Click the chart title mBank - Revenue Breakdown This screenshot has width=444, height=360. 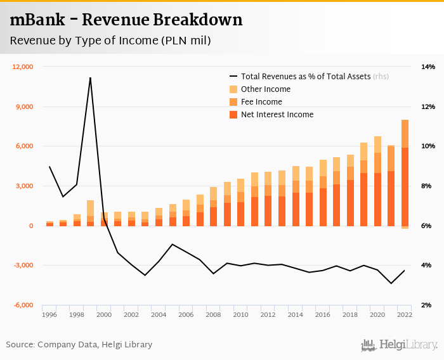(126, 20)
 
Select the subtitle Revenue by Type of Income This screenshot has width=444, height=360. (110, 41)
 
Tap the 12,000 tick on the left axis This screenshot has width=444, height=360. (23, 67)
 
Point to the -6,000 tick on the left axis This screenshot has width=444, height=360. (23, 305)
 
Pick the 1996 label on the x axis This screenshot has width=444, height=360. (49, 314)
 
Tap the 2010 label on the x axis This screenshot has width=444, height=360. (240, 314)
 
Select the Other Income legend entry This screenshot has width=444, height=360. (265, 89)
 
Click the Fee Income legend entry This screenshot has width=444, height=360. (261, 102)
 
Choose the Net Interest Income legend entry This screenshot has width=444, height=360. (277, 115)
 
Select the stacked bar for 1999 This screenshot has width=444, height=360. (91, 213)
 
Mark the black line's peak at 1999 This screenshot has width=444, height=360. (90, 77)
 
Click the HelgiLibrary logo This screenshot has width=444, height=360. (400, 345)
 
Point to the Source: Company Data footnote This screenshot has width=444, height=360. (79, 345)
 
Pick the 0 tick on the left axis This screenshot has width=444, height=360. (30, 226)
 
